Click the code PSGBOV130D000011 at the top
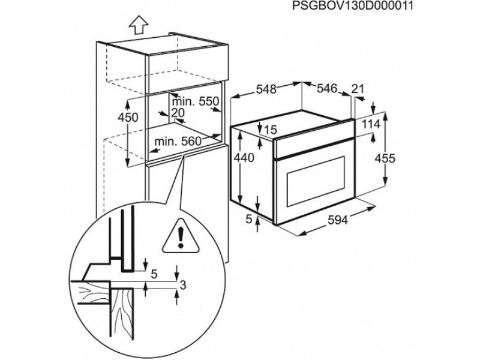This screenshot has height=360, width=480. [x=353, y=5]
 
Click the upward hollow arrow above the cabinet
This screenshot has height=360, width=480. [x=139, y=25]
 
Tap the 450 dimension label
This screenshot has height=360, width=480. [x=128, y=117]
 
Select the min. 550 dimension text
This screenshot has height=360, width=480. [x=196, y=101]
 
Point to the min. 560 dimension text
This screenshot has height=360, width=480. [x=178, y=141]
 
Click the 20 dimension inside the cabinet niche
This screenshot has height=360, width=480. [x=178, y=113]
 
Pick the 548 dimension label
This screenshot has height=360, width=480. [x=266, y=89]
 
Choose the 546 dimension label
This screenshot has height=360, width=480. [x=326, y=88]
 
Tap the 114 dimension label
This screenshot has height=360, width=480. [x=371, y=124]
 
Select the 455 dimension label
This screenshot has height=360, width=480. [x=385, y=158]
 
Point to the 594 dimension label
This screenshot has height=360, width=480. [x=338, y=220]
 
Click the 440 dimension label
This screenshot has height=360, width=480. [x=244, y=158]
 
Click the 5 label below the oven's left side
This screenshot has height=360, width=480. [x=249, y=218]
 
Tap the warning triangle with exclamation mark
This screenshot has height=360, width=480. [x=181, y=236]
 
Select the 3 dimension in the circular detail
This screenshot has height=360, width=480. [x=183, y=286]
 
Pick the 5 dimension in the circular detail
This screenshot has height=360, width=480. [x=154, y=274]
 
